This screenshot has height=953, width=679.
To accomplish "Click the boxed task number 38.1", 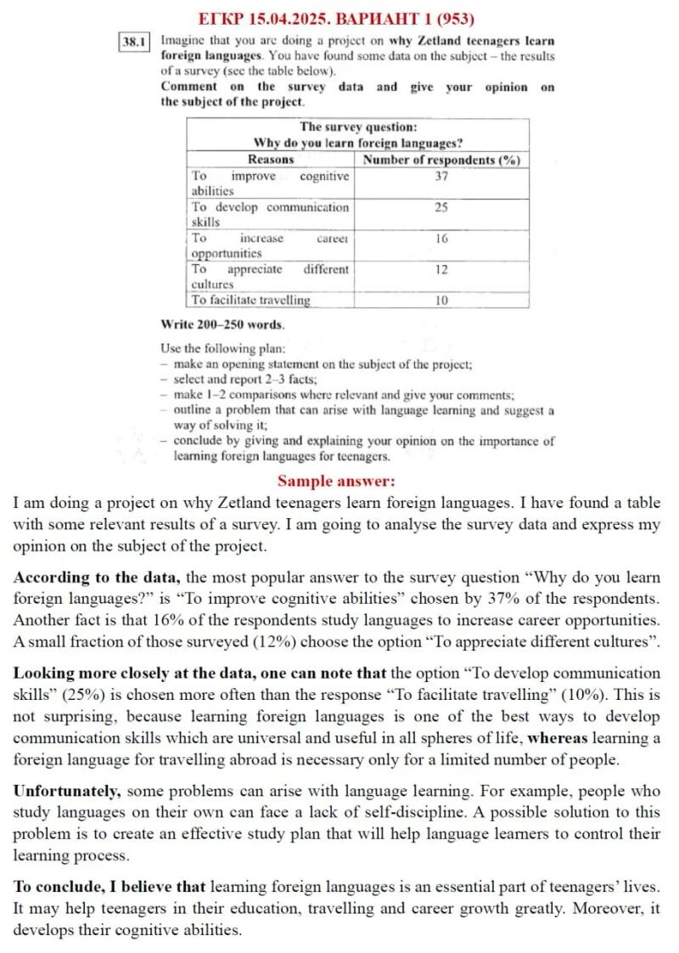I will (x=136, y=40).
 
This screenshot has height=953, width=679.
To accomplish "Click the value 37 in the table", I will (x=441, y=176).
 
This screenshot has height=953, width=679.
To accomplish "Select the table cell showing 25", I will (x=441, y=207).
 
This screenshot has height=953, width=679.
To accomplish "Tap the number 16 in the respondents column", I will (x=441, y=239).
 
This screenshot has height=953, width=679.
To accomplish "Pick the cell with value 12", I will (x=441, y=269).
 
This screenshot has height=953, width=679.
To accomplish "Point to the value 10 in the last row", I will (x=441, y=300).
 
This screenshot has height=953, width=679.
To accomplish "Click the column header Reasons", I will (x=271, y=159).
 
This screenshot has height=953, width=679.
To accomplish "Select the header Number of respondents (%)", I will (x=441, y=159).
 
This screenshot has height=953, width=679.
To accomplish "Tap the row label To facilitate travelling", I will (x=250, y=300).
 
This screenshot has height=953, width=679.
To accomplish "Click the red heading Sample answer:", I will (x=336, y=481).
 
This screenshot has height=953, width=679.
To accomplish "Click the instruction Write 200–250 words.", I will (x=222, y=324).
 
